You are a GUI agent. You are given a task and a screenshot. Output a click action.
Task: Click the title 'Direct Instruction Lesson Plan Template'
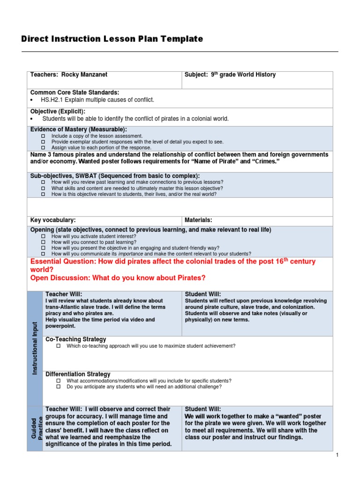pyautogui.click(x=112, y=39)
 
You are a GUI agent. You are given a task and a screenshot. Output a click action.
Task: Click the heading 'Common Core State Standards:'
pyautogui.click(x=75, y=93)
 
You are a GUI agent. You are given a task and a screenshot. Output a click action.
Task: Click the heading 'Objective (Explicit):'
pyautogui.click(x=58, y=112)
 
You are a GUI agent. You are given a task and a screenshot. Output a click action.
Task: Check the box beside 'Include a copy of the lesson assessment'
pyautogui.click(x=43, y=136)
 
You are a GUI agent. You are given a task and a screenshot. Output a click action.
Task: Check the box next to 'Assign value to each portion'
pyautogui.click(x=43, y=147)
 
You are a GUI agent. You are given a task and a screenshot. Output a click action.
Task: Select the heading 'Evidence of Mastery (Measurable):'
pyautogui.click(x=79, y=129)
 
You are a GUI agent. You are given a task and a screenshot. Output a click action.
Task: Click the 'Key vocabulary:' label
pyautogui.click(x=53, y=220)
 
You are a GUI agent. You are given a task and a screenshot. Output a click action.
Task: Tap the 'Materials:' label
pyautogui.click(x=199, y=220)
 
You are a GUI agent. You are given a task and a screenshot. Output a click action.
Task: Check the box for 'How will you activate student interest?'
pyautogui.click(x=43, y=237)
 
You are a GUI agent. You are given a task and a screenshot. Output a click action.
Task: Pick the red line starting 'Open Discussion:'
pyautogui.click(x=118, y=278)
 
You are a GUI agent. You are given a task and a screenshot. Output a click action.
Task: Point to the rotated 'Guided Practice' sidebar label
pyautogui.click(x=37, y=427)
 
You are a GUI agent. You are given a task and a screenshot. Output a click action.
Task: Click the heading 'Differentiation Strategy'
pyautogui.click(x=78, y=374)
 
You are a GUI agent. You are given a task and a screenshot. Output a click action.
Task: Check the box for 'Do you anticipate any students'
pyautogui.click(x=59, y=387)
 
